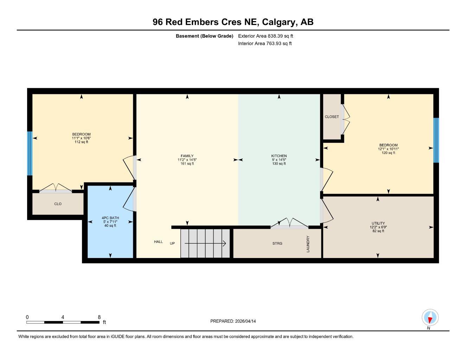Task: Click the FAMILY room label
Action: click(x=187, y=156)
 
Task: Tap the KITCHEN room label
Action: click(x=279, y=156)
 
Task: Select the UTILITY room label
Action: click(x=378, y=223)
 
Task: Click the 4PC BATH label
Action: click(x=110, y=218)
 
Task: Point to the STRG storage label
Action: click(x=277, y=243)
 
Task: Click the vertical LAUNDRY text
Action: click(x=308, y=244)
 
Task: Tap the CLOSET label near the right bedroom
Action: click(x=332, y=117)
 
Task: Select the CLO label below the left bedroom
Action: click(x=58, y=204)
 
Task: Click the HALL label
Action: click(x=158, y=242)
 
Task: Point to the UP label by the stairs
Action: click(x=172, y=243)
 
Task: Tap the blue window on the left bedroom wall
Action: click(x=30, y=153)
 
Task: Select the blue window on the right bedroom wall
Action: click(x=436, y=140)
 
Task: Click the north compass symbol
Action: click(x=430, y=318)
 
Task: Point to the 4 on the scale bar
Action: click(x=63, y=317)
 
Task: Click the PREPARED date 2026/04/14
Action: click(x=233, y=321)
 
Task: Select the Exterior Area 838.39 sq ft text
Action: click(x=266, y=36)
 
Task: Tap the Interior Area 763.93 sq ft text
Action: click(x=265, y=44)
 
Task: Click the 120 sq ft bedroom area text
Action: click(x=388, y=153)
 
